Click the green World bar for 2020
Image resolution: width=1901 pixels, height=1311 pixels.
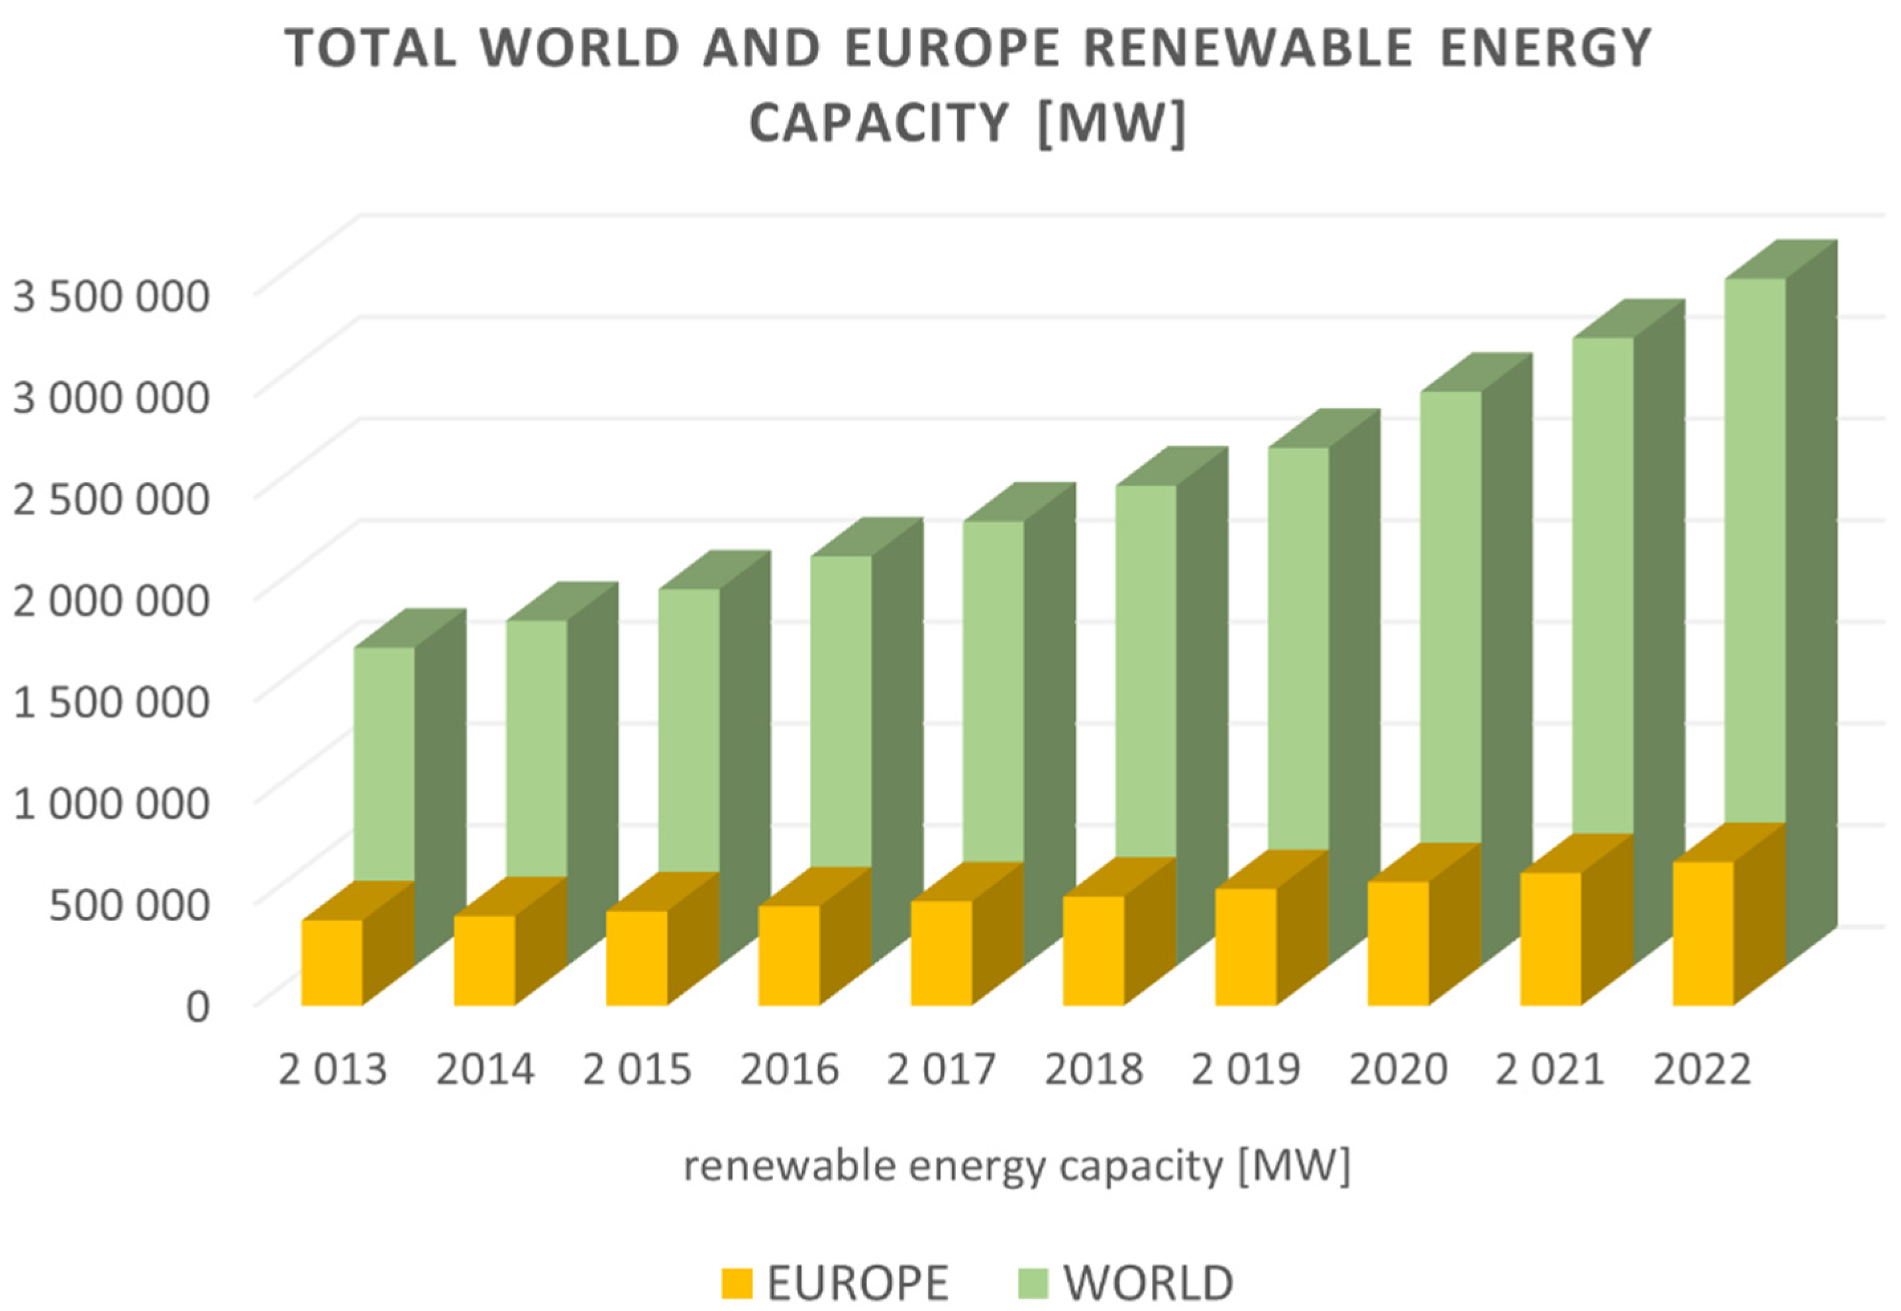tap(1451, 616)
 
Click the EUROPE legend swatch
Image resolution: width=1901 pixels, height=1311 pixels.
tap(737, 1283)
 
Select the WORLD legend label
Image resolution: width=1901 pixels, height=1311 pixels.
tap(1149, 1283)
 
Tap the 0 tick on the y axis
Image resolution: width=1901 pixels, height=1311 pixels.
tap(198, 1005)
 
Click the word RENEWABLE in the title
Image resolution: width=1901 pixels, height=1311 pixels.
tap(1248, 48)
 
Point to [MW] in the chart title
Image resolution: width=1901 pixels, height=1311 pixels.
tap(1112, 123)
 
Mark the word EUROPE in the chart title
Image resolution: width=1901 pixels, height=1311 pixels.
tap(953, 48)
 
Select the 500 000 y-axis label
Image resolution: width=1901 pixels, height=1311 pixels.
tap(130, 904)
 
